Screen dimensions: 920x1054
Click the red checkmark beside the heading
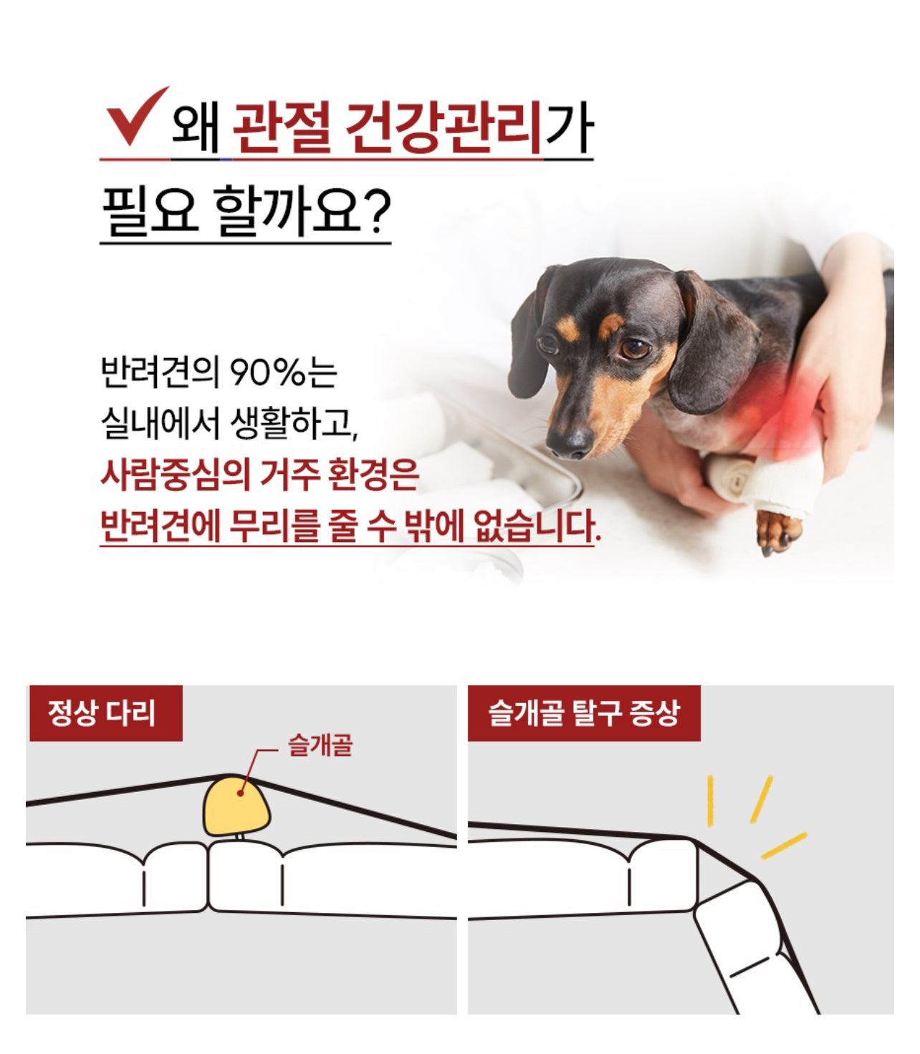[135, 117]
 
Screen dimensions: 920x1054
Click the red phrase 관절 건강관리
[387, 127]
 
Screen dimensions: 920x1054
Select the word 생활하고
[294, 423]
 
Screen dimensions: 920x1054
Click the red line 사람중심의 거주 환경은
[259, 475]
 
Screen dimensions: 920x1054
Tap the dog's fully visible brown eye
[635, 349]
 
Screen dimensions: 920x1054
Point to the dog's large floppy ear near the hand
[714, 342]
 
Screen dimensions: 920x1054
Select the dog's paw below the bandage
[778, 531]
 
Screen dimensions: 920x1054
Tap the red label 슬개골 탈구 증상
[583, 713]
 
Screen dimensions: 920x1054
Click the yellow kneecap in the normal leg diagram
[236, 806]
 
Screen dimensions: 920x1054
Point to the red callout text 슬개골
[320, 745]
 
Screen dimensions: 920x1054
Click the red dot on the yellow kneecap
[240, 793]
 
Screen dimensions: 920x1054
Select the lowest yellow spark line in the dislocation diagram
[783, 846]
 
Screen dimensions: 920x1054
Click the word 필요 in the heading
[150, 211]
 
